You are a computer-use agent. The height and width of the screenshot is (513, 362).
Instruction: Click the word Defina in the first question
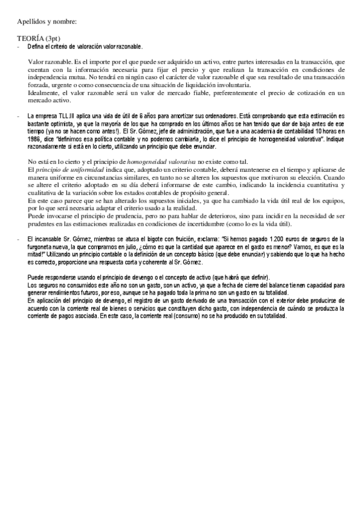click(36, 46)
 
